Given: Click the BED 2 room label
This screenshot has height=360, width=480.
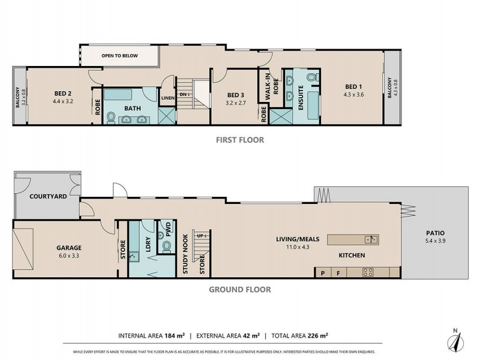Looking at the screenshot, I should (x=63, y=93).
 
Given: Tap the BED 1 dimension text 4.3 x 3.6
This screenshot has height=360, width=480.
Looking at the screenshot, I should (x=354, y=94).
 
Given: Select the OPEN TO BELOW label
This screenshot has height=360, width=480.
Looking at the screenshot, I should (x=119, y=56).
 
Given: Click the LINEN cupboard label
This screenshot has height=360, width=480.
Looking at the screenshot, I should (x=167, y=98).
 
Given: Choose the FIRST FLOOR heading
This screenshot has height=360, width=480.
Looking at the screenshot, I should (x=240, y=140).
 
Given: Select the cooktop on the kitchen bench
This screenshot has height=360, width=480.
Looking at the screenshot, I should (x=368, y=272).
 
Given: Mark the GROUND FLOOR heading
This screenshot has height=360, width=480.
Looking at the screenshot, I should (x=240, y=289).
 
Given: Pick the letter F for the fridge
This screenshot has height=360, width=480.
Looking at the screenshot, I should (x=338, y=272).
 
